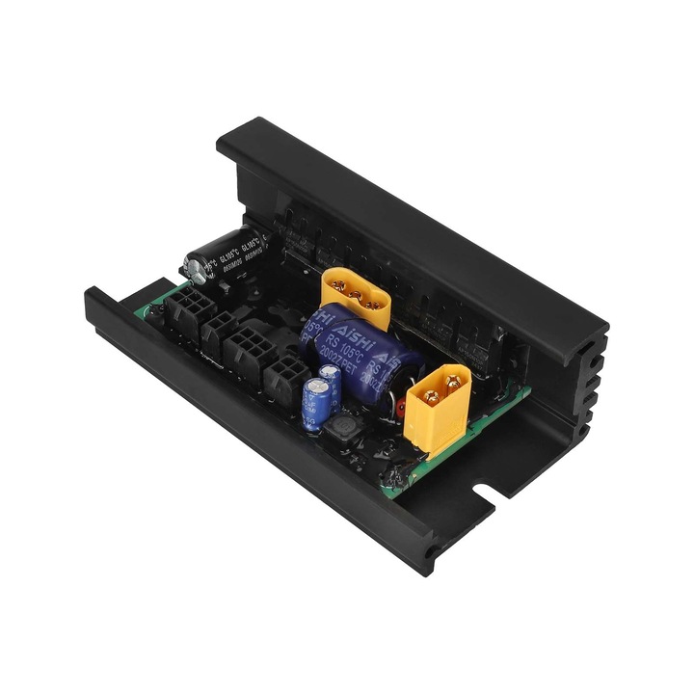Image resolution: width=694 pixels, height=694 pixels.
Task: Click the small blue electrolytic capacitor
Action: (318, 403)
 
